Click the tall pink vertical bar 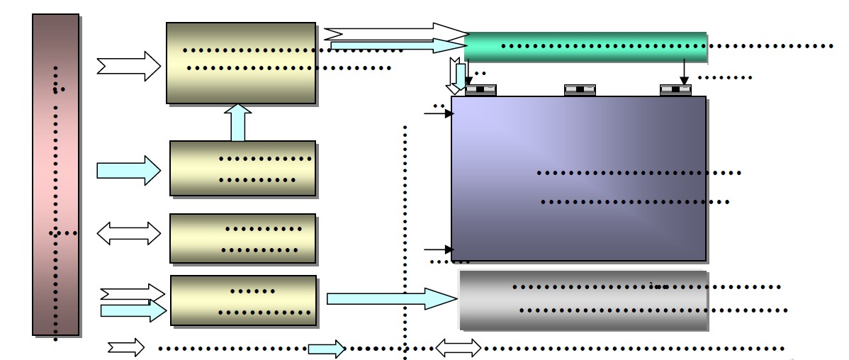(x=55, y=174)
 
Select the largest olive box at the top (x=241, y=62)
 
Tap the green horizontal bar (x=587, y=46)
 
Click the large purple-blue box (x=578, y=178)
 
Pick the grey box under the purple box (x=583, y=300)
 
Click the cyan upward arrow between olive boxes (x=239, y=123)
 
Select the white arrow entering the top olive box (x=129, y=66)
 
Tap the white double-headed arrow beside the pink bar (x=129, y=233)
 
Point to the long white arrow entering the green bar (x=395, y=32)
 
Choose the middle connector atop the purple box (x=580, y=90)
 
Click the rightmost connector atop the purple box (x=675, y=90)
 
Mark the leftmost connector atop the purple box (x=480, y=90)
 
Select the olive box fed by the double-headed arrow (x=242, y=238)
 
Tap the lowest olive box (x=243, y=300)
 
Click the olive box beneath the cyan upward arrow (x=242, y=168)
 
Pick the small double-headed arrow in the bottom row (x=458, y=348)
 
